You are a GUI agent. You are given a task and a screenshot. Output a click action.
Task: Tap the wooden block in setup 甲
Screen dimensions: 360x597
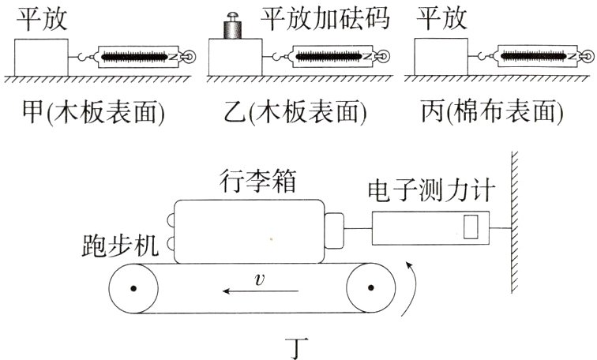tap(42, 56)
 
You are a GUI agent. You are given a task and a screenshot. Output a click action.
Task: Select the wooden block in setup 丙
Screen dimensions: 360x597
tap(440, 56)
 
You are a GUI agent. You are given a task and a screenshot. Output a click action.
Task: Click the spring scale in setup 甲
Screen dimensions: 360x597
tap(143, 57)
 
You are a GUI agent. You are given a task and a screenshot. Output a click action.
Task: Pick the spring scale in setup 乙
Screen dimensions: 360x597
tap(340, 57)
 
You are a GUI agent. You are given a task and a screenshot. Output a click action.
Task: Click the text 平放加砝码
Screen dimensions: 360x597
tap(325, 17)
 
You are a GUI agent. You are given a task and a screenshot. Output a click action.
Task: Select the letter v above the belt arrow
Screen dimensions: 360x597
tap(258, 279)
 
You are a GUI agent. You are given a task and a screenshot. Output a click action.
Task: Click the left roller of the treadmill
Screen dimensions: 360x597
tap(136, 289)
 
